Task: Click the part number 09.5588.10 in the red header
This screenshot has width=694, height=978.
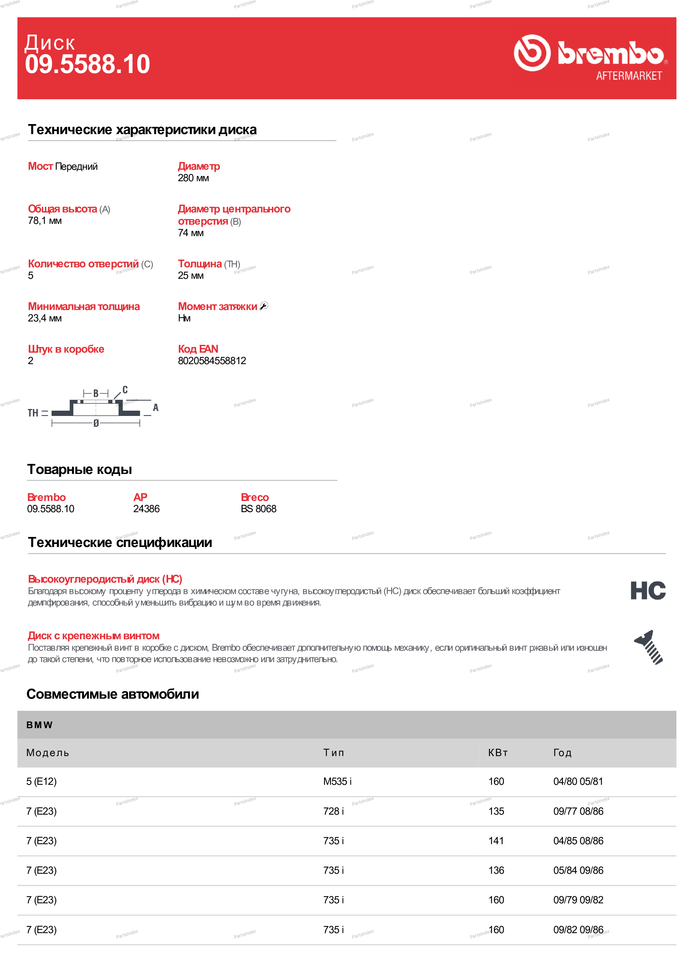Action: click(x=88, y=64)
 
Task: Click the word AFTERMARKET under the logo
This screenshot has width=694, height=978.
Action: click(x=629, y=76)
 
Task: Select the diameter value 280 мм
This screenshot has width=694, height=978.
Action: click(x=193, y=178)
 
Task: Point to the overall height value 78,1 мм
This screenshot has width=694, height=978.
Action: click(x=45, y=221)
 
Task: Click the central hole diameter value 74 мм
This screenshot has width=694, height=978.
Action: click(x=191, y=233)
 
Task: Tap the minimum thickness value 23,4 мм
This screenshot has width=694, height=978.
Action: click(x=45, y=318)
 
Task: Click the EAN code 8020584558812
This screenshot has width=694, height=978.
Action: click(x=212, y=361)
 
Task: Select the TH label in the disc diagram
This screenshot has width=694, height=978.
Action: click(x=33, y=413)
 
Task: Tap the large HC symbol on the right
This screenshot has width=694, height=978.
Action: click(x=648, y=591)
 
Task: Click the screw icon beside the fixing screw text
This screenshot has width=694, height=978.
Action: click(x=648, y=647)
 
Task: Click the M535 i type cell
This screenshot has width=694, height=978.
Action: click(x=337, y=781)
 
